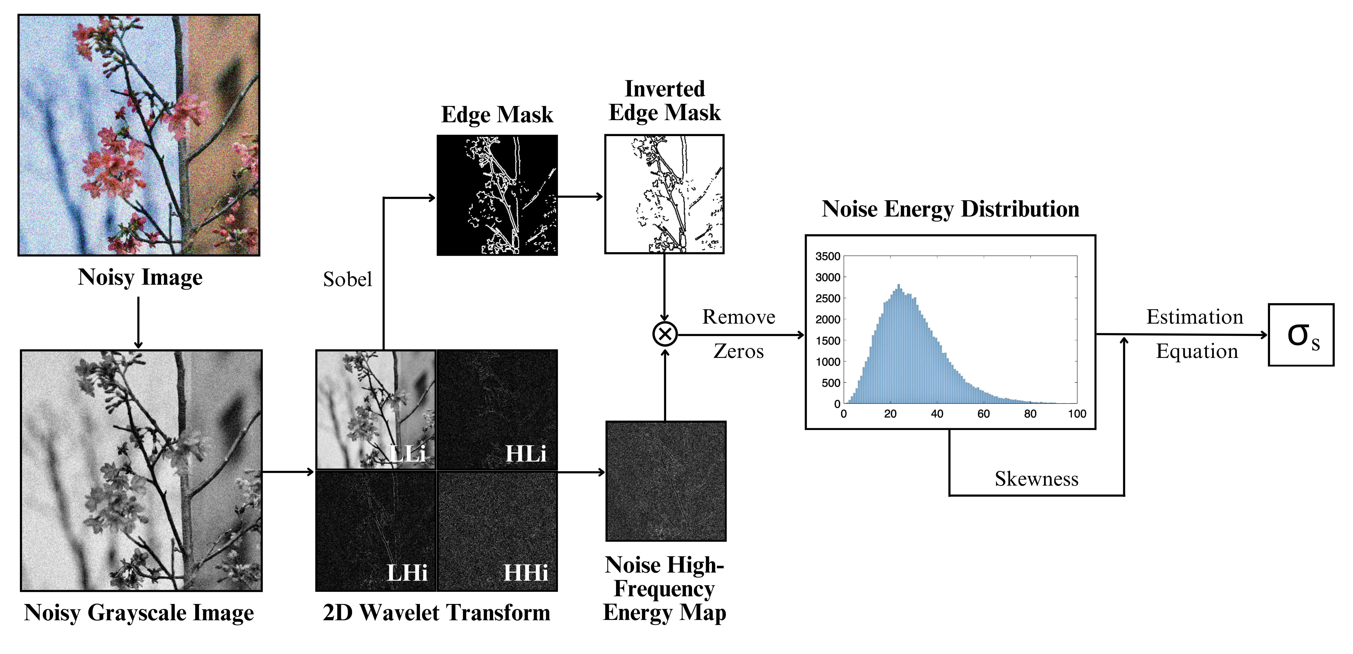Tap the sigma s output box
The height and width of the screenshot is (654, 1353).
(1301, 335)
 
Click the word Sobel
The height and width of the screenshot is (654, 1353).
(347, 279)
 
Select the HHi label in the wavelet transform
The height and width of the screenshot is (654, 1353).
(525, 573)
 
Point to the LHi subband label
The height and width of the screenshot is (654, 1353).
(407, 573)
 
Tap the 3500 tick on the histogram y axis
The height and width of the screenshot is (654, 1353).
(828, 256)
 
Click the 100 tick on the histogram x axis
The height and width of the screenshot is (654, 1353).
(1077, 414)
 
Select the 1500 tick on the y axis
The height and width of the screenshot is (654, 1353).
(828, 341)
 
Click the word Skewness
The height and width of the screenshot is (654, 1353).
(1036, 479)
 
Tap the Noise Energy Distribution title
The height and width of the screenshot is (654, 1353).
(950, 209)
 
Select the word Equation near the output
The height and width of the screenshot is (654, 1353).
(1197, 351)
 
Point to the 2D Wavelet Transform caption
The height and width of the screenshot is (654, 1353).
(437, 613)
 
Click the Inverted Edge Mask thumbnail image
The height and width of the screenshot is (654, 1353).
(664, 194)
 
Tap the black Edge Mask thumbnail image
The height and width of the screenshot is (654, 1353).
(497, 195)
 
